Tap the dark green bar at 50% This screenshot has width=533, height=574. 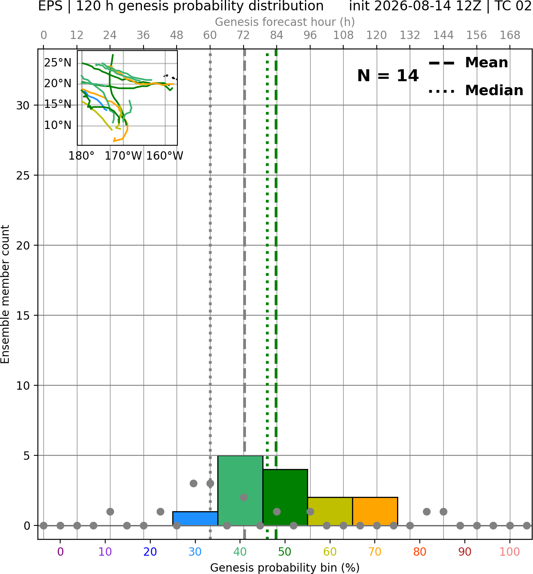click(285, 497)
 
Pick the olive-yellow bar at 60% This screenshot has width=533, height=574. click(330, 511)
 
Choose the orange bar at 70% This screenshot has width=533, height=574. click(375, 511)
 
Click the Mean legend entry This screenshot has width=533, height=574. click(468, 63)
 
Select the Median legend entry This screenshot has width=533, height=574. click(476, 90)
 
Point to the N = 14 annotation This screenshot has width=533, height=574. click(388, 76)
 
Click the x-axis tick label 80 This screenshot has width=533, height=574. click(420, 552)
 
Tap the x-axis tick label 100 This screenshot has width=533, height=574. click(510, 552)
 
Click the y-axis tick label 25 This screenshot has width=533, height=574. click(23, 176)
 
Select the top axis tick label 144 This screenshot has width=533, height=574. click(443, 35)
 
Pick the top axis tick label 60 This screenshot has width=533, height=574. click(210, 35)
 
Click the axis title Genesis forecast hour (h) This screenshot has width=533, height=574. click(285, 22)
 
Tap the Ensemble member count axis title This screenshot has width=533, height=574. click(5, 294)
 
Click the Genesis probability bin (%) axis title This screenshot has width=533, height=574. click(285, 568)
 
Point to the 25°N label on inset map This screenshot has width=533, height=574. click(58, 63)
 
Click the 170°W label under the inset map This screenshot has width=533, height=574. click(123, 156)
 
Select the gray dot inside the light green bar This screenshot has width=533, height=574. click(244, 498)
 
